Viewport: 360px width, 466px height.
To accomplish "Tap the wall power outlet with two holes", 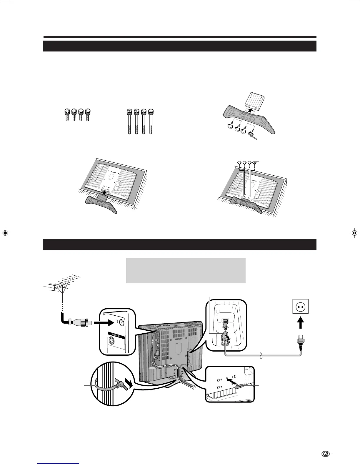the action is tap(300, 307).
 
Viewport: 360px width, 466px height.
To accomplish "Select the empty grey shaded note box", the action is tap(186, 270).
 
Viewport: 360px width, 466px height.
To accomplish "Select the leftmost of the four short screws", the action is tap(67, 115).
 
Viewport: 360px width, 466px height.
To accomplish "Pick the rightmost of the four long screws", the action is tap(151, 121).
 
